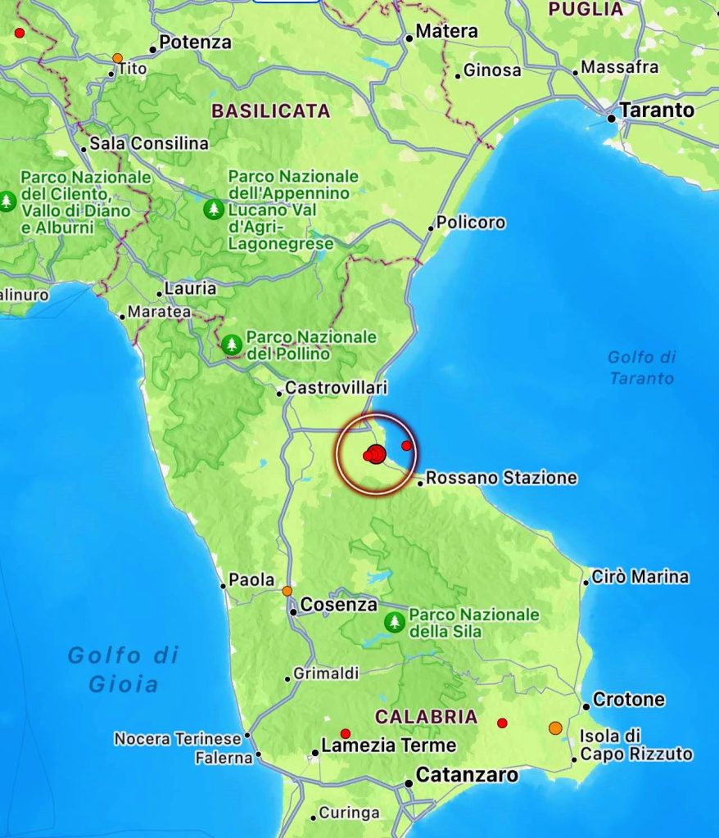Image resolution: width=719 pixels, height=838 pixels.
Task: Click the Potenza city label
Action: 195,43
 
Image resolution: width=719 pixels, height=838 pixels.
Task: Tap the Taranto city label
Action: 656,110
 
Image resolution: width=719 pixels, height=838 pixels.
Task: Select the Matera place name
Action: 446,32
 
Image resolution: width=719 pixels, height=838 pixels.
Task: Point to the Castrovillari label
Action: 336,388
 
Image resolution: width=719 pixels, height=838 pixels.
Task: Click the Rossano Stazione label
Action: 501,478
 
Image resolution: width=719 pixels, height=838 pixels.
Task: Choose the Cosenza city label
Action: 338,606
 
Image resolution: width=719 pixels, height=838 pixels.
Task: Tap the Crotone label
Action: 628,701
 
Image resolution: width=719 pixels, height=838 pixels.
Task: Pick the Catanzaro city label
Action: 467,775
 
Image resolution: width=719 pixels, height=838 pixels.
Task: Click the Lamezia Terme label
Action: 388,746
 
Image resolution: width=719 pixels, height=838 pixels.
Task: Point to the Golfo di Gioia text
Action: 123,669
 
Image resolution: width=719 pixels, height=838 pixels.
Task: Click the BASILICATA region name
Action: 271,111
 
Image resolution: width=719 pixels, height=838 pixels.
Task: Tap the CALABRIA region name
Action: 426,717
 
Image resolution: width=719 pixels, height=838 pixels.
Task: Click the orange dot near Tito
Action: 117,58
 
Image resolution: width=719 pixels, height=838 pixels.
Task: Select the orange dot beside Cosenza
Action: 287,591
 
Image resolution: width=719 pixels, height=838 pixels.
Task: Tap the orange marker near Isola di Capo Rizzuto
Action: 555,728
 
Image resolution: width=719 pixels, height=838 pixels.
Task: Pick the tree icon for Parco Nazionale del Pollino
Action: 233,345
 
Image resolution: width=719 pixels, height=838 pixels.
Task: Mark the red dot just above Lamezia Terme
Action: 346,733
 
